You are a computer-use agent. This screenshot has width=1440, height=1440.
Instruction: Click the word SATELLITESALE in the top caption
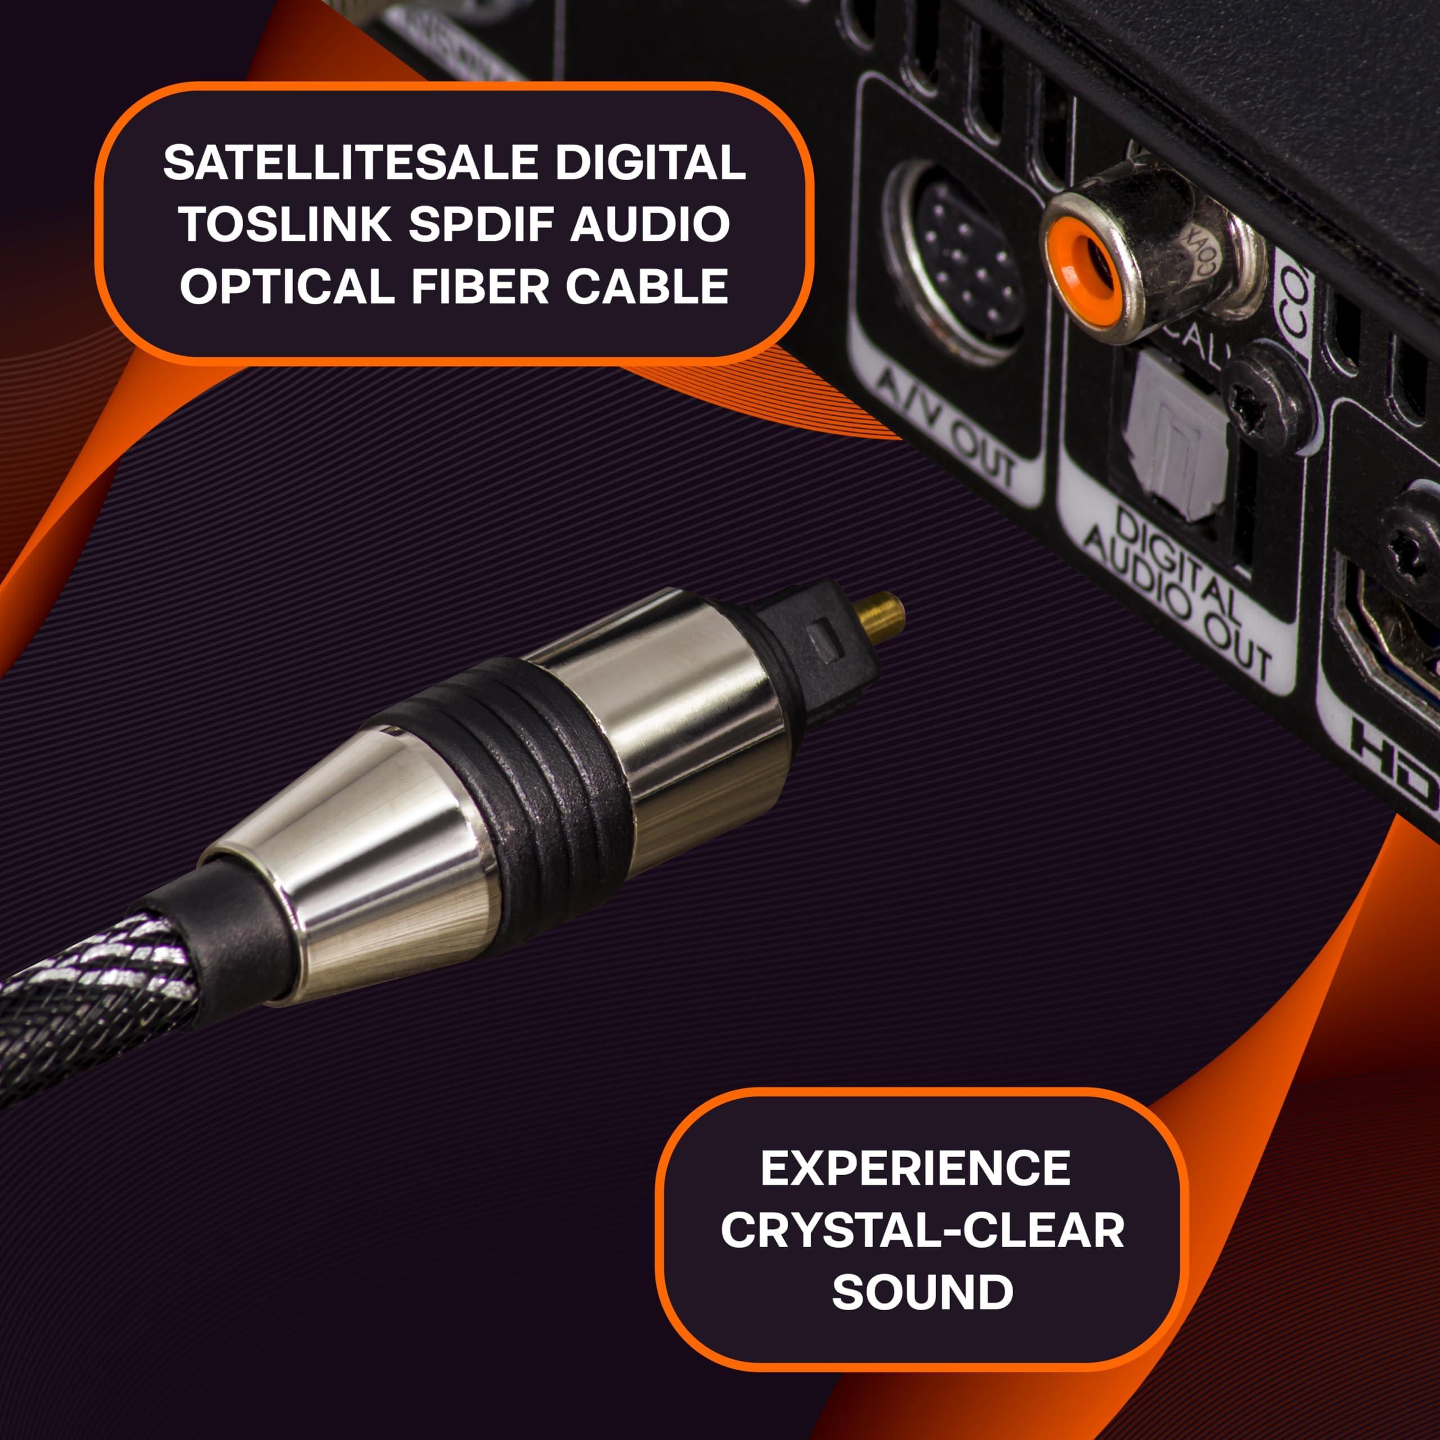click(x=350, y=163)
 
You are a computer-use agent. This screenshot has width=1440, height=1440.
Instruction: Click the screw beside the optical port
click(x=1267, y=406)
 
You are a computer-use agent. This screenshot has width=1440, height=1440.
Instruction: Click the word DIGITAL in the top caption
click(x=649, y=163)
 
